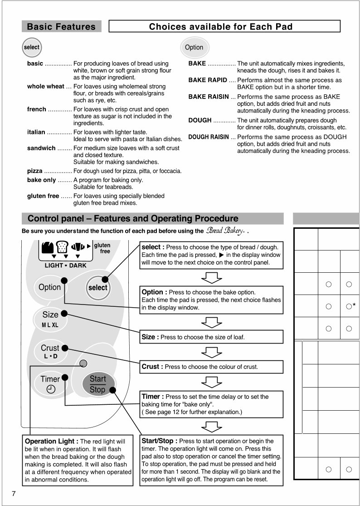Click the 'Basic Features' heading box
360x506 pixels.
[x=61, y=26]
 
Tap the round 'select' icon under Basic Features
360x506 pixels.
[x=31, y=47]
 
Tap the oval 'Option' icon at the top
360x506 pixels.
[x=194, y=47]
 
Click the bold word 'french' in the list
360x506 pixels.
[x=37, y=109]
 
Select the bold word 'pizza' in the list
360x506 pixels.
[x=35, y=171]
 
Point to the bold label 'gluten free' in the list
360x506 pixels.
[x=43, y=196]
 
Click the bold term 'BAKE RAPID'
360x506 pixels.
[x=208, y=80]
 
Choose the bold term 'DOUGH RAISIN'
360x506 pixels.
[x=209, y=137]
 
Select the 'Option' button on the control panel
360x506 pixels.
[x=49, y=287]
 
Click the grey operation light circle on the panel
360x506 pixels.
[x=83, y=363]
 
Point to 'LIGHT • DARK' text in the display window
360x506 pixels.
[x=65, y=265]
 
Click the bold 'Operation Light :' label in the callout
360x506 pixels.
[x=52, y=441]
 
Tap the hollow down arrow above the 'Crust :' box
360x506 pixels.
[x=211, y=353]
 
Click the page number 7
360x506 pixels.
[x=14, y=494]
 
